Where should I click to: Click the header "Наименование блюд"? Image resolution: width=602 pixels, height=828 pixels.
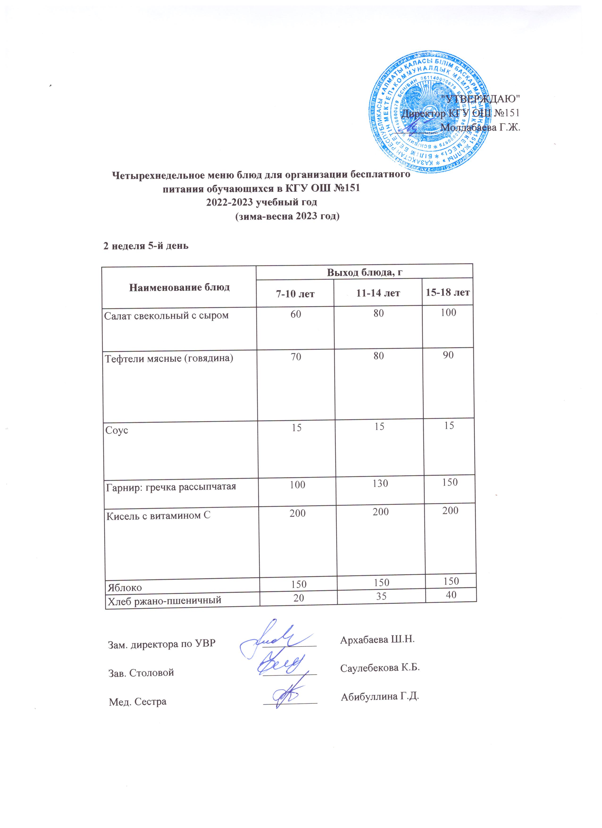pos(179,287)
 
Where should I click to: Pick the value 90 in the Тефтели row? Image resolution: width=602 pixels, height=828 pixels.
pos(448,355)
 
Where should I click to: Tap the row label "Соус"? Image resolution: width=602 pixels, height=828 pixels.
pos(117,430)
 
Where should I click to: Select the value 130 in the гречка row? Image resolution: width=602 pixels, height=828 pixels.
pos(380,483)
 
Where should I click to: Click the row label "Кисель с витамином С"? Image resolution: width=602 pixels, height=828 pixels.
pos(158,516)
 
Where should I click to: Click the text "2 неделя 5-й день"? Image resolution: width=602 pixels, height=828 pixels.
pos(146,246)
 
